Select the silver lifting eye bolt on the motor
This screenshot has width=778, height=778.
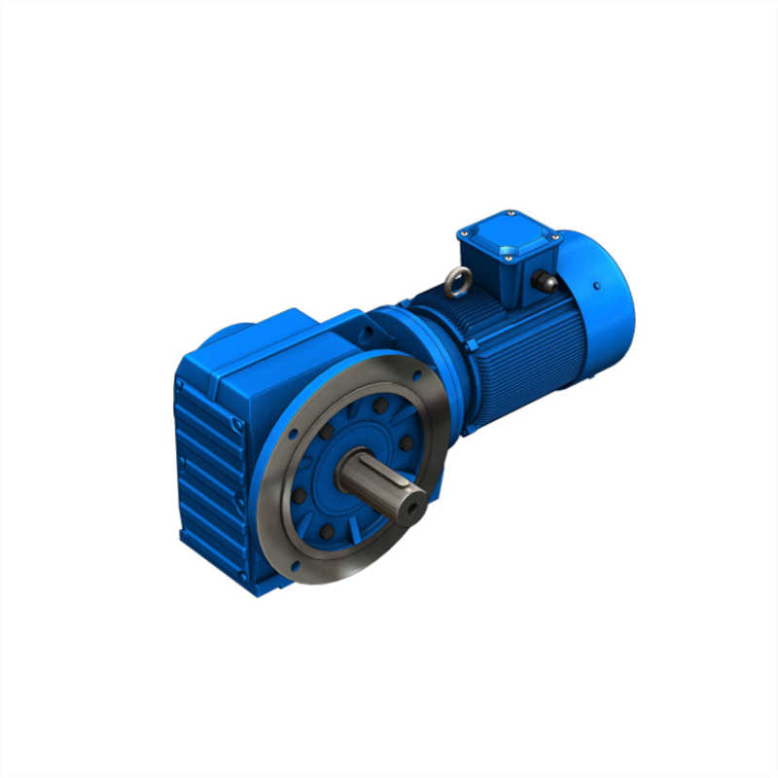coord(455,283)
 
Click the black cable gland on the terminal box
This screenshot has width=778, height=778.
coord(544,282)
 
